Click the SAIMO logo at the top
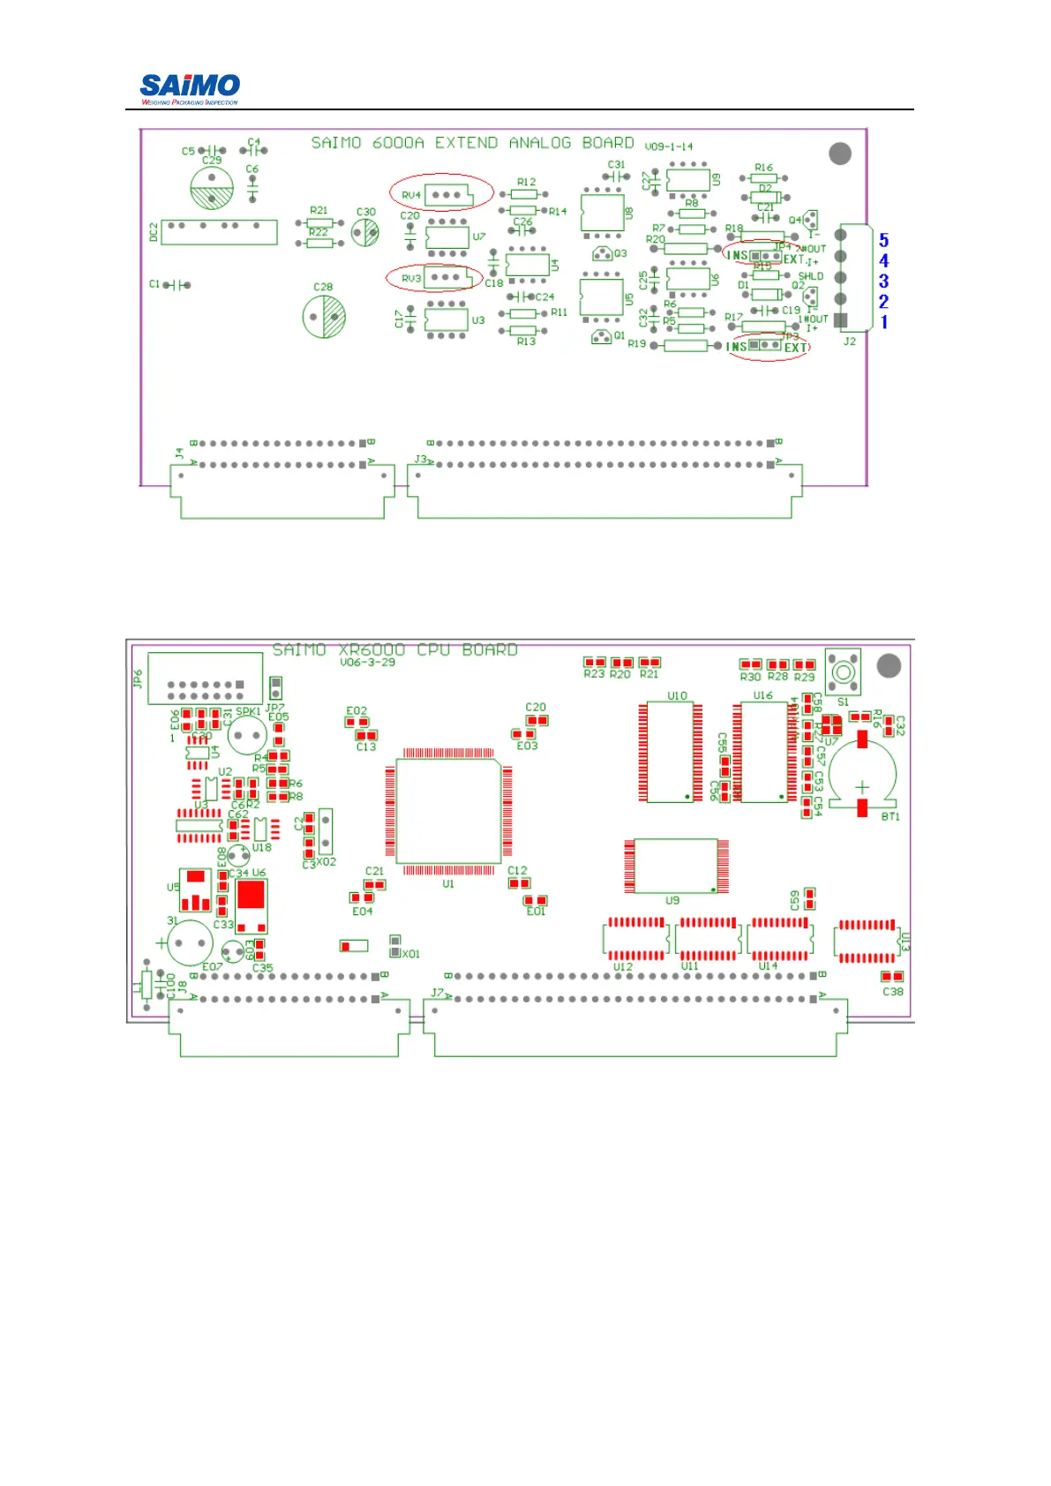tap(190, 86)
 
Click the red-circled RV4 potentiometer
tap(441, 193)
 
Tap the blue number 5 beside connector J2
tap(883, 240)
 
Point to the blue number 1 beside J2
tap(883, 322)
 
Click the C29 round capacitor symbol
tap(212, 188)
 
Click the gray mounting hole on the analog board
tap(840, 154)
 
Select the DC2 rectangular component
tap(219, 231)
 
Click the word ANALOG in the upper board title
tap(539, 143)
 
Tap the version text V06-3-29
tap(367, 663)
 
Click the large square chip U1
tap(448, 811)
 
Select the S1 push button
tap(843, 672)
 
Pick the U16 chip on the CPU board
tap(763, 752)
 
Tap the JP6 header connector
tap(205, 678)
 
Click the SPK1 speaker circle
tap(247, 734)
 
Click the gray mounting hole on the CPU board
tap(889, 665)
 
